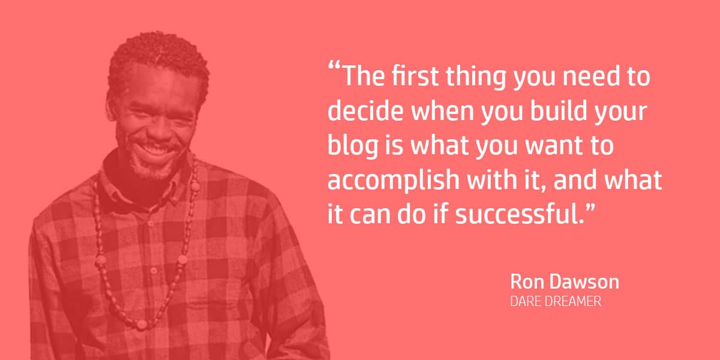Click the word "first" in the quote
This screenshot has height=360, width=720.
[x=415, y=76]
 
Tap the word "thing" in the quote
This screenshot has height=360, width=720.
[x=476, y=77]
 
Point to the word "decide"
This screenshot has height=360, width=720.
[x=365, y=110]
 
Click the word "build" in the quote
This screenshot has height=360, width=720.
[x=559, y=110]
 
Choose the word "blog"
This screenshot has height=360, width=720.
[x=353, y=146]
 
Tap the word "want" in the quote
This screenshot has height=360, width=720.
[x=553, y=146]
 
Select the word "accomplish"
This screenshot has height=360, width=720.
[x=394, y=181]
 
